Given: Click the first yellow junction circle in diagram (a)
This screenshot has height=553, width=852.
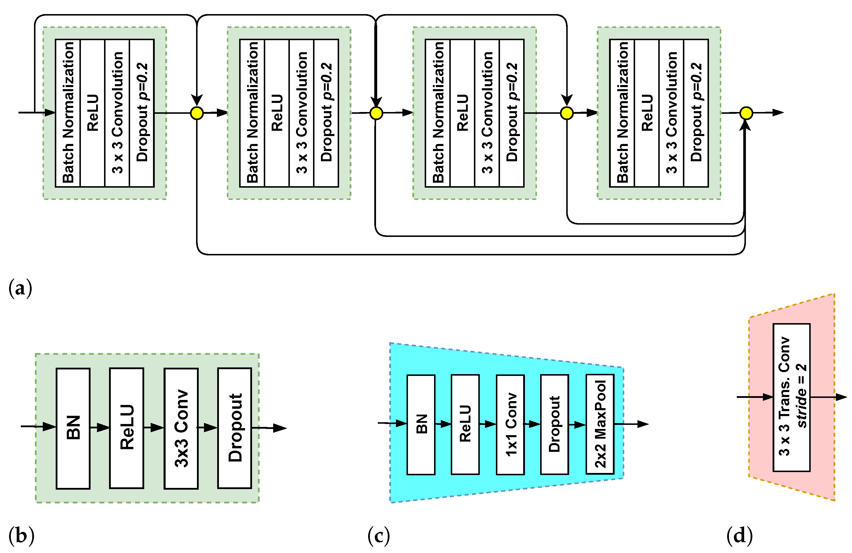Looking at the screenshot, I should tap(197, 113).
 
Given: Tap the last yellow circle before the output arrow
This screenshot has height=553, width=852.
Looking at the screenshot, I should tap(746, 113).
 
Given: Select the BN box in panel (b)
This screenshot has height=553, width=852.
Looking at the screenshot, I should tap(73, 428).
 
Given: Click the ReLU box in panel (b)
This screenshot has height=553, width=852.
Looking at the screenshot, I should tap(127, 428).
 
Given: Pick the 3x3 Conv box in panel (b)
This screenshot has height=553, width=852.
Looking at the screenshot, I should tap(181, 428).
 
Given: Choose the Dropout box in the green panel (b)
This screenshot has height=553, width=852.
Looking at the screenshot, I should tap(235, 428).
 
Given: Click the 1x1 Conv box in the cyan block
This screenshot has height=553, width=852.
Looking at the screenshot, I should tap(511, 425).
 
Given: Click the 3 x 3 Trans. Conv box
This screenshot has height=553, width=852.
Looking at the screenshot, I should tap(792, 397).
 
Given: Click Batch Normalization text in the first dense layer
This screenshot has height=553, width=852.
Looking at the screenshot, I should tap(68, 113).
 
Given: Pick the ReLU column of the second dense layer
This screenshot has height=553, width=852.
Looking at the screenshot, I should tap(277, 113).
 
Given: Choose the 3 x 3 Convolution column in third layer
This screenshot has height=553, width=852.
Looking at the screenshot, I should tap(487, 113).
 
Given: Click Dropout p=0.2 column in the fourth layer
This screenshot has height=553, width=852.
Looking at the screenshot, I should tap(696, 113).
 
